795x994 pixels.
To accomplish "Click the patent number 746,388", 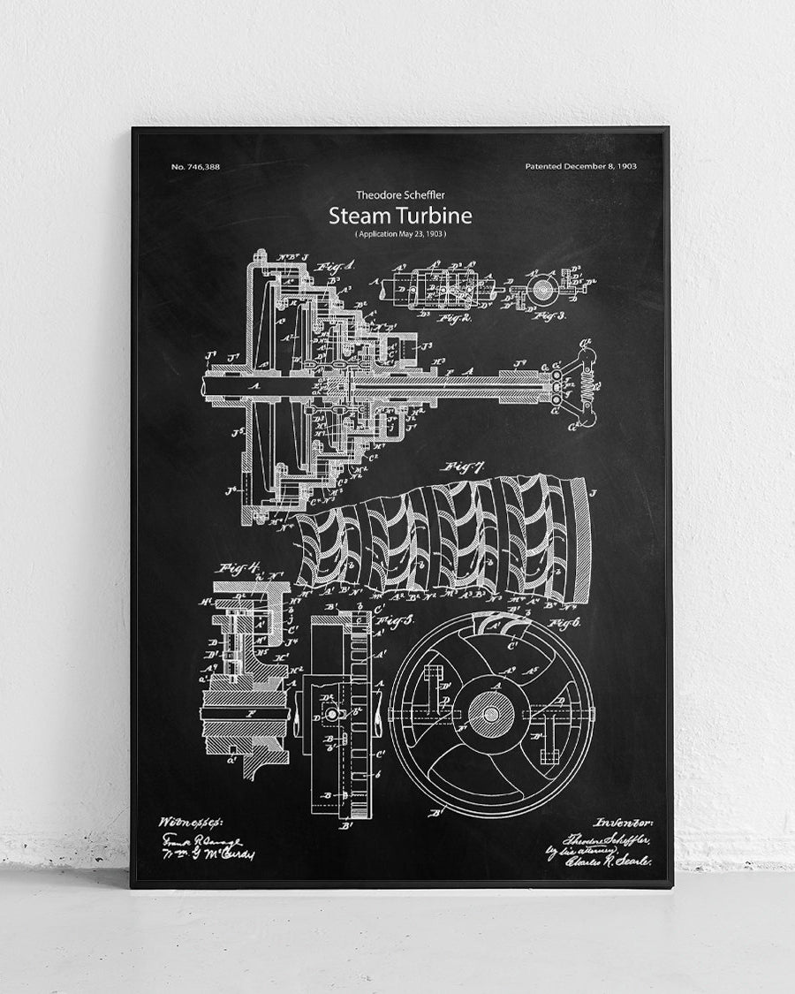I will point(195,167).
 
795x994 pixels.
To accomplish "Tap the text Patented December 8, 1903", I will point(580,166).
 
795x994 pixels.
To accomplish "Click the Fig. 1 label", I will point(337,265).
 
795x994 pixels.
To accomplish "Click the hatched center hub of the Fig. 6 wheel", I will point(488,711).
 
